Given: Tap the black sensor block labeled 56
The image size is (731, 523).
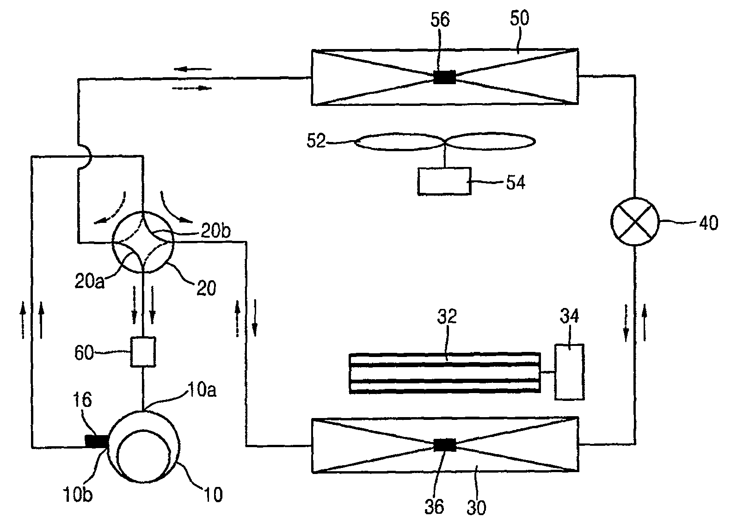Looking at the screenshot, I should pyautogui.click(x=444, y=77).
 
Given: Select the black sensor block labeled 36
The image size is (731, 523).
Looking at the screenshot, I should pyautogui.click(x=445, y=445).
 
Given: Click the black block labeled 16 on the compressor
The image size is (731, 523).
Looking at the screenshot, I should pyautogui.click(x=97, y=441).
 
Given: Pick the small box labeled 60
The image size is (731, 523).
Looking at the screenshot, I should pyautogui.click(x=143, y=352).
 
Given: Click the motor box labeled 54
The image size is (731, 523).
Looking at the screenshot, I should pyautogui.click(x=444, y=181).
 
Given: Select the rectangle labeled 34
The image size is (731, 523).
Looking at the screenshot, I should pyautogui.click(x=569, y=372).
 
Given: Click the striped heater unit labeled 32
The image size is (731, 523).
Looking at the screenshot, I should pyautogui.click(x=444, y=373).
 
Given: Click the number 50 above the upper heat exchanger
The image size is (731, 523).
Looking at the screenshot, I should pyautogui.click(x=520, y=19).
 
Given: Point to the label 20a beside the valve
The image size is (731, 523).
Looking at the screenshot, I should pyautogui.click(x=89, y=280).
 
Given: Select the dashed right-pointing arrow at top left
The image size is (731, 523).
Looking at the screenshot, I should pyautogui.click(x=191, y=88).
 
